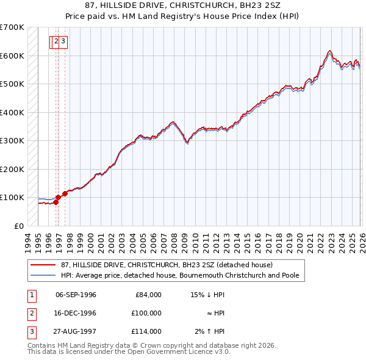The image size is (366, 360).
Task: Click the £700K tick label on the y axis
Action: [x=12, y=27]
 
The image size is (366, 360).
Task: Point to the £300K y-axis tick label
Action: [x=12, y=140]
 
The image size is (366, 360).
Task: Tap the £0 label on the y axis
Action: [x=19, y=226]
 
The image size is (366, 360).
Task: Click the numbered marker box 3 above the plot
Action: [x=63, y=41]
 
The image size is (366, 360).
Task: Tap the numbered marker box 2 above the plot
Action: [x=57, y=41]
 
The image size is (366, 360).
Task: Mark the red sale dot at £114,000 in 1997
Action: [x=65, y=193]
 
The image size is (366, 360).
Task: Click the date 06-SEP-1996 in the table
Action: [x=76, y=295]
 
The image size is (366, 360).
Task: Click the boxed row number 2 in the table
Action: [x=30, y=313]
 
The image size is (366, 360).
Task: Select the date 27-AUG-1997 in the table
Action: [x=76, y=331]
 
